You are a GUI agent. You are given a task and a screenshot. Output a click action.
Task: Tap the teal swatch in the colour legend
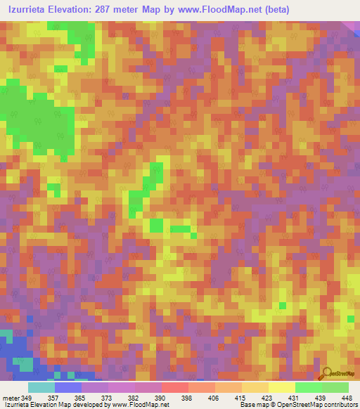click(41, 387)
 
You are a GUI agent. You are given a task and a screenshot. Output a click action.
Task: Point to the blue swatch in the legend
click(68, 387)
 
